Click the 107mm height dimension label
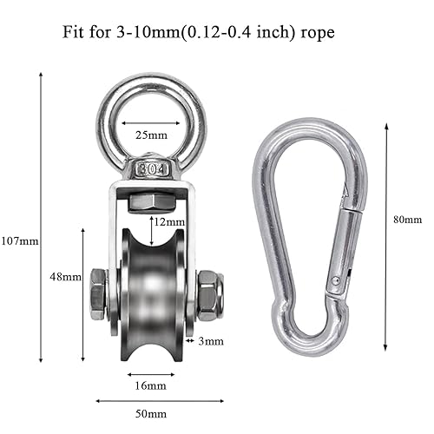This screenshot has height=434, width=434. coord(19,240)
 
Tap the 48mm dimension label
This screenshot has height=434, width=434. coord(65,277)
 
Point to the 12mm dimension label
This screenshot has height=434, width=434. coord(166,222)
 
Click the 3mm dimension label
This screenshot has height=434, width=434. coord(211,341)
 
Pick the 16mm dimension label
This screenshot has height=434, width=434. coord(153,385)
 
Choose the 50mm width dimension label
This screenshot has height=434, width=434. coord(157,416)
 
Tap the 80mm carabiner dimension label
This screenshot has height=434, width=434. coord(407,220)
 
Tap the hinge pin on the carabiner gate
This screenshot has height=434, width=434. coord(332,281)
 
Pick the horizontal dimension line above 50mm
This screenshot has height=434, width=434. coord(157,401)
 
